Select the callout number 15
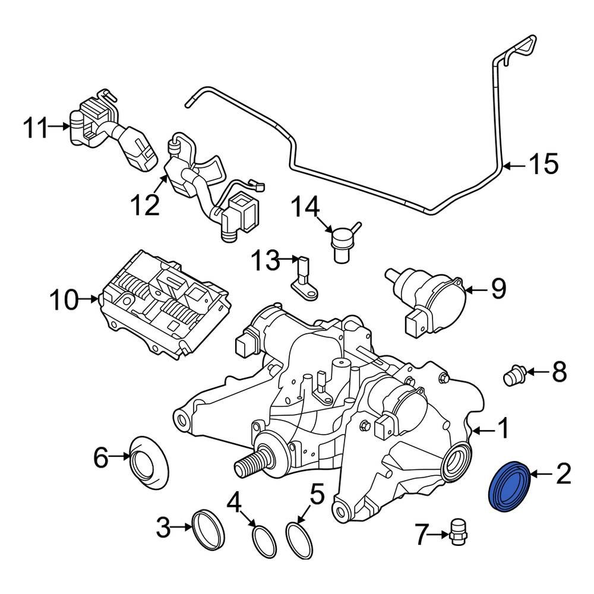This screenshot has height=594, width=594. (544, 164)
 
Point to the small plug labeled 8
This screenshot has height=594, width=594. (514, 375)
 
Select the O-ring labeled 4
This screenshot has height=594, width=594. (264, 541)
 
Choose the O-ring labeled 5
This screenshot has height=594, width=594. (299, 540)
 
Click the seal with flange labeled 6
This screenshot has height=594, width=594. (148, 462)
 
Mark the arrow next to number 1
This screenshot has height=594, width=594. (483, 430)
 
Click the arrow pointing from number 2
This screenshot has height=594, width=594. (542, 473)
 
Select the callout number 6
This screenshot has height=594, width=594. (101, 457)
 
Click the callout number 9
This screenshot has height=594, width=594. (498, 289)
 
